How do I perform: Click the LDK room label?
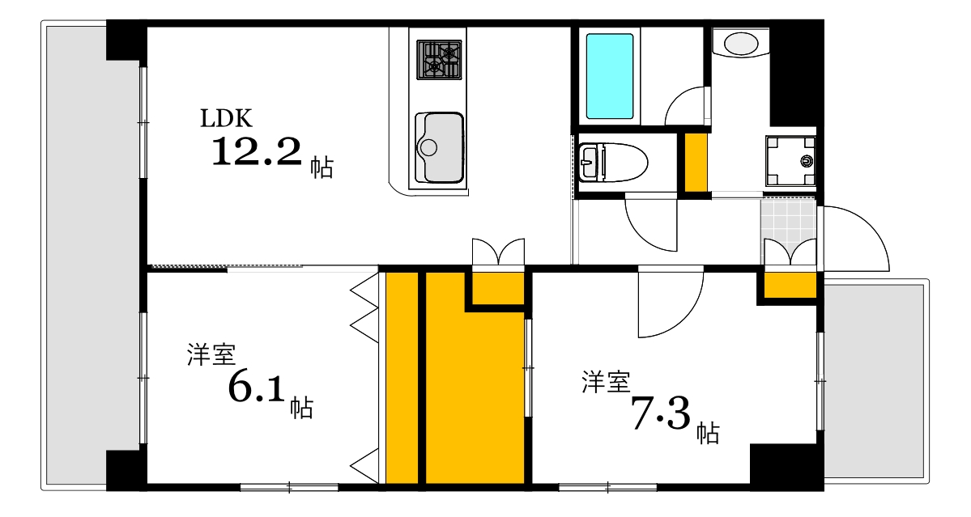click(228, 118)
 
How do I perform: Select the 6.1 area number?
click(258, 388)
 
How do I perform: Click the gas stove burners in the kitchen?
click(439, 59)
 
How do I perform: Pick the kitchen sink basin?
click(439, 147)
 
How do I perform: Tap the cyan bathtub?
click(609, 76)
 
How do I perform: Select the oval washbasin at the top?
click(741, 43)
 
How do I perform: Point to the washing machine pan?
click(790, 162)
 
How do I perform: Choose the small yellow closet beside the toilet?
click(696, 161)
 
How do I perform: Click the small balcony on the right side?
click(875, 379)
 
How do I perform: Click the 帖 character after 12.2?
click(321, 167)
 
